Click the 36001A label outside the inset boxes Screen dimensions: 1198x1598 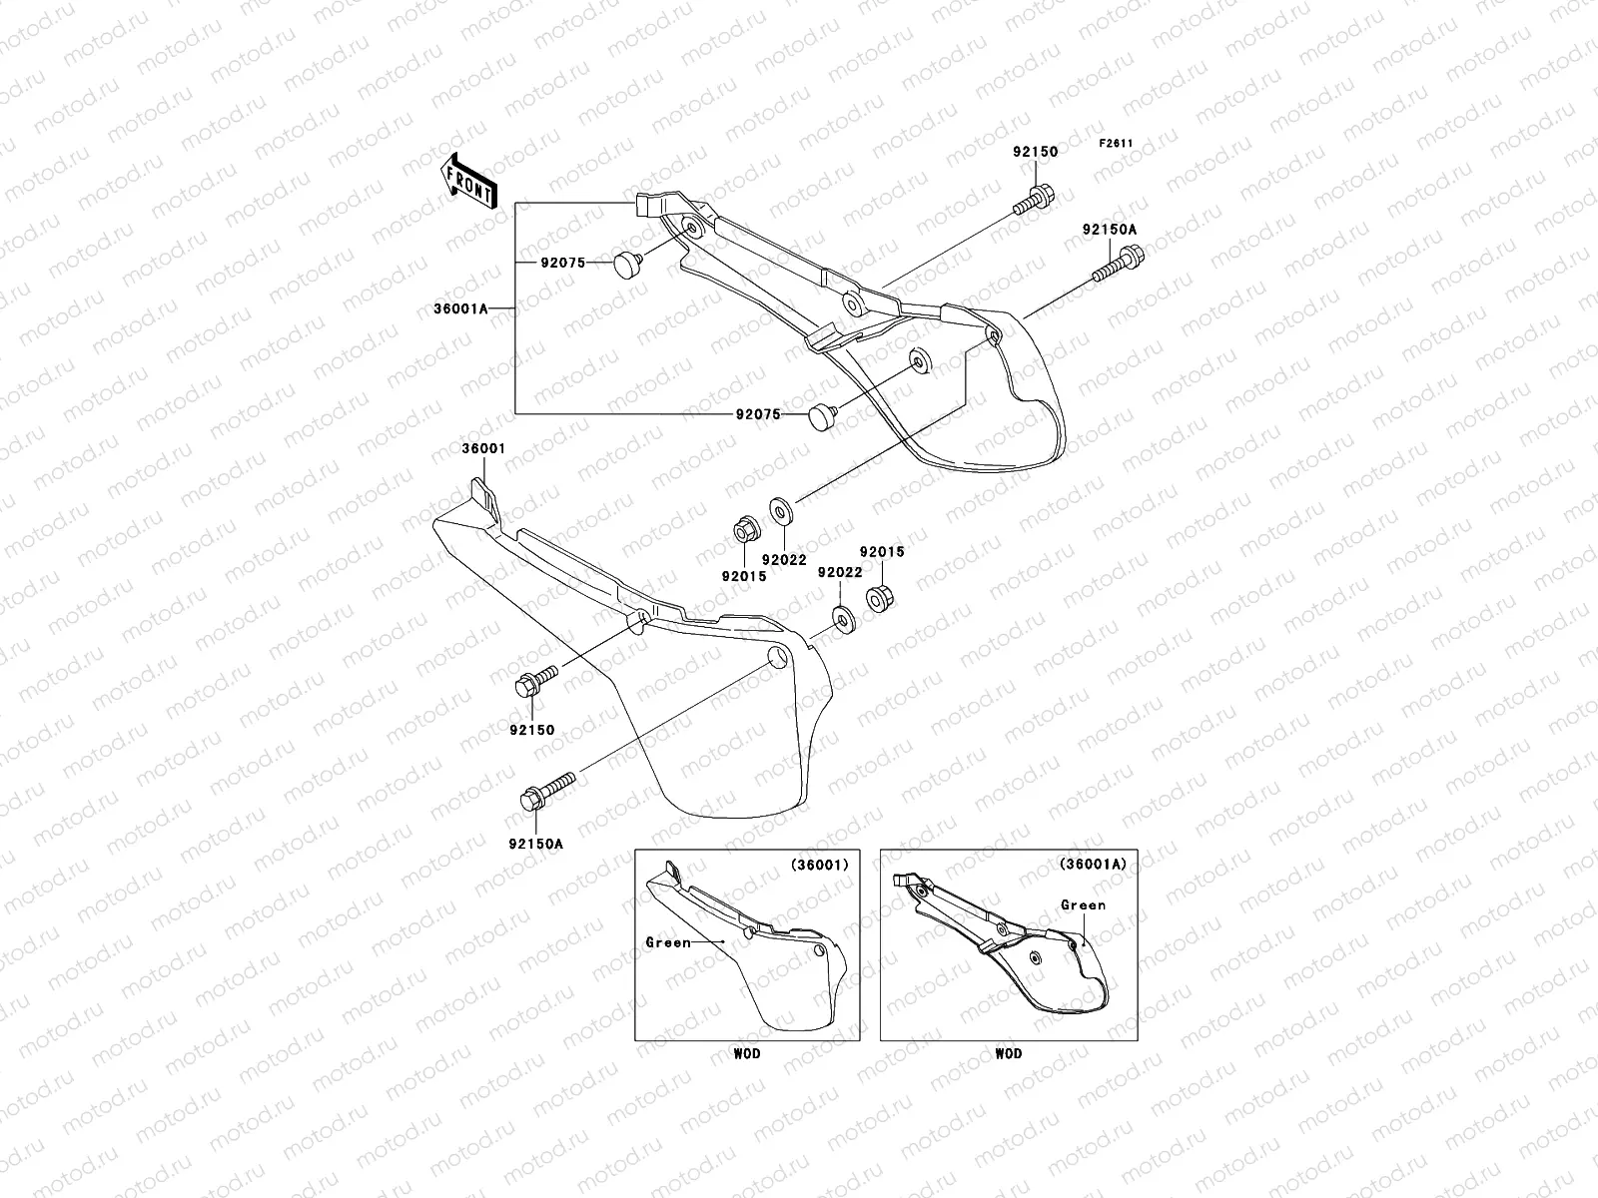tap(460, 309)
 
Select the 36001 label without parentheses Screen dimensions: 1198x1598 tap(481, 449)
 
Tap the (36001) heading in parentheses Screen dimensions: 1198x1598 tap(819, 865)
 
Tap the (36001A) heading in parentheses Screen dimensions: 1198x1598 tap(1093, 865)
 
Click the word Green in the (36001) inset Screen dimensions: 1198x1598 tap(668, 942)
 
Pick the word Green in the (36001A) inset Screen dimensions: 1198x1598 tap(1083, 905)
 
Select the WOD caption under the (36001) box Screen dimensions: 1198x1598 tap(747, 1054)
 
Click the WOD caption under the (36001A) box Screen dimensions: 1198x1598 tap(1009, 1054)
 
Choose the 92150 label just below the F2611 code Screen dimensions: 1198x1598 tap(1036, 153)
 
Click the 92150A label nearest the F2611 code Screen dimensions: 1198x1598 tap(1109, 230)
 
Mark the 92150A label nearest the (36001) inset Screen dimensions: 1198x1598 tap(535, 844)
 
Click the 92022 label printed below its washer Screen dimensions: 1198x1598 tap(785, 560)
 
